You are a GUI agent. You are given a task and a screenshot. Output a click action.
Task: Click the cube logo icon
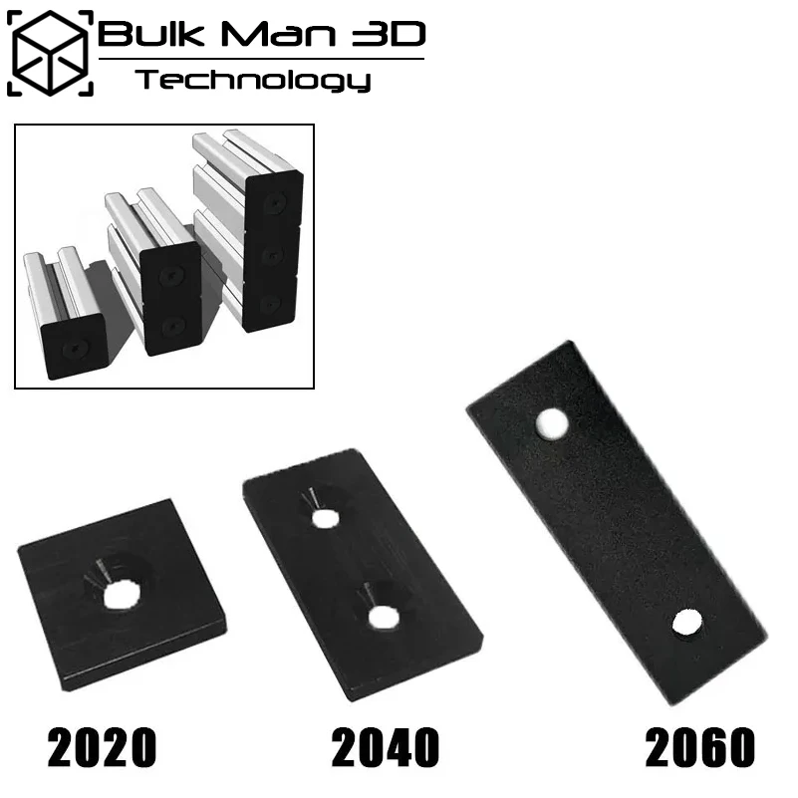click(x=50, y=53)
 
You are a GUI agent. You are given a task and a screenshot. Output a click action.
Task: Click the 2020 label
click(x=102, y=747)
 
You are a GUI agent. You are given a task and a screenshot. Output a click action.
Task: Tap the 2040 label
click(x=386, y=747)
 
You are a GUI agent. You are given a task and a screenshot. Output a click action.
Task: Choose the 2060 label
click(x=699, y=747)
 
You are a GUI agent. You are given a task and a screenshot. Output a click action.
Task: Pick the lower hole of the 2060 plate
click(x=684, y=624)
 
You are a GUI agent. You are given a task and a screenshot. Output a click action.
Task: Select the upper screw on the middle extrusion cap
click(x=171, y=275)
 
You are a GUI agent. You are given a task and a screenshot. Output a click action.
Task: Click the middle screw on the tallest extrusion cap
click(x=271, y=253)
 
